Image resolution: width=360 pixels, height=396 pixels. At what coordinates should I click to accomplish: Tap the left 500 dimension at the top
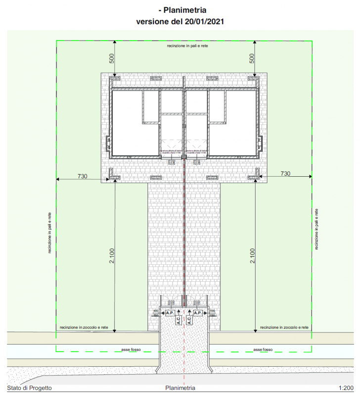coord(112,58)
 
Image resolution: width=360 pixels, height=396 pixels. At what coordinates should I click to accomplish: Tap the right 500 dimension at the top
coord(252,58)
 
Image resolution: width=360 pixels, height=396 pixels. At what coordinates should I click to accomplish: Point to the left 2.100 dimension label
coord(112,255)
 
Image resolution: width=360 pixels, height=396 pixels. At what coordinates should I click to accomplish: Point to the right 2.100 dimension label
coord(252,255)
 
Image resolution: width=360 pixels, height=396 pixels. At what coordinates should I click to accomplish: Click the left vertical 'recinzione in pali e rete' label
coord(49,233)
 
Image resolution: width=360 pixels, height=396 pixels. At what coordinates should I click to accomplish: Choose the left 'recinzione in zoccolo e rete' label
coord(84,327)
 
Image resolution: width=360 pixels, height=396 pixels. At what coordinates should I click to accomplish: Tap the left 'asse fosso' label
coord(131,349)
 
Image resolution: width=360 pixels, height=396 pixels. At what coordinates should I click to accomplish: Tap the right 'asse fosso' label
coord(263,349)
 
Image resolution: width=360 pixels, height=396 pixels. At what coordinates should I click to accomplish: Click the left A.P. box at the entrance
coord(170,313)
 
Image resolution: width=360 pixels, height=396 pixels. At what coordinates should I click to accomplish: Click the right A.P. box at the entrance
coord(198,313)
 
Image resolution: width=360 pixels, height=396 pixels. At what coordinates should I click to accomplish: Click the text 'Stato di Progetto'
coord(29,388)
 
